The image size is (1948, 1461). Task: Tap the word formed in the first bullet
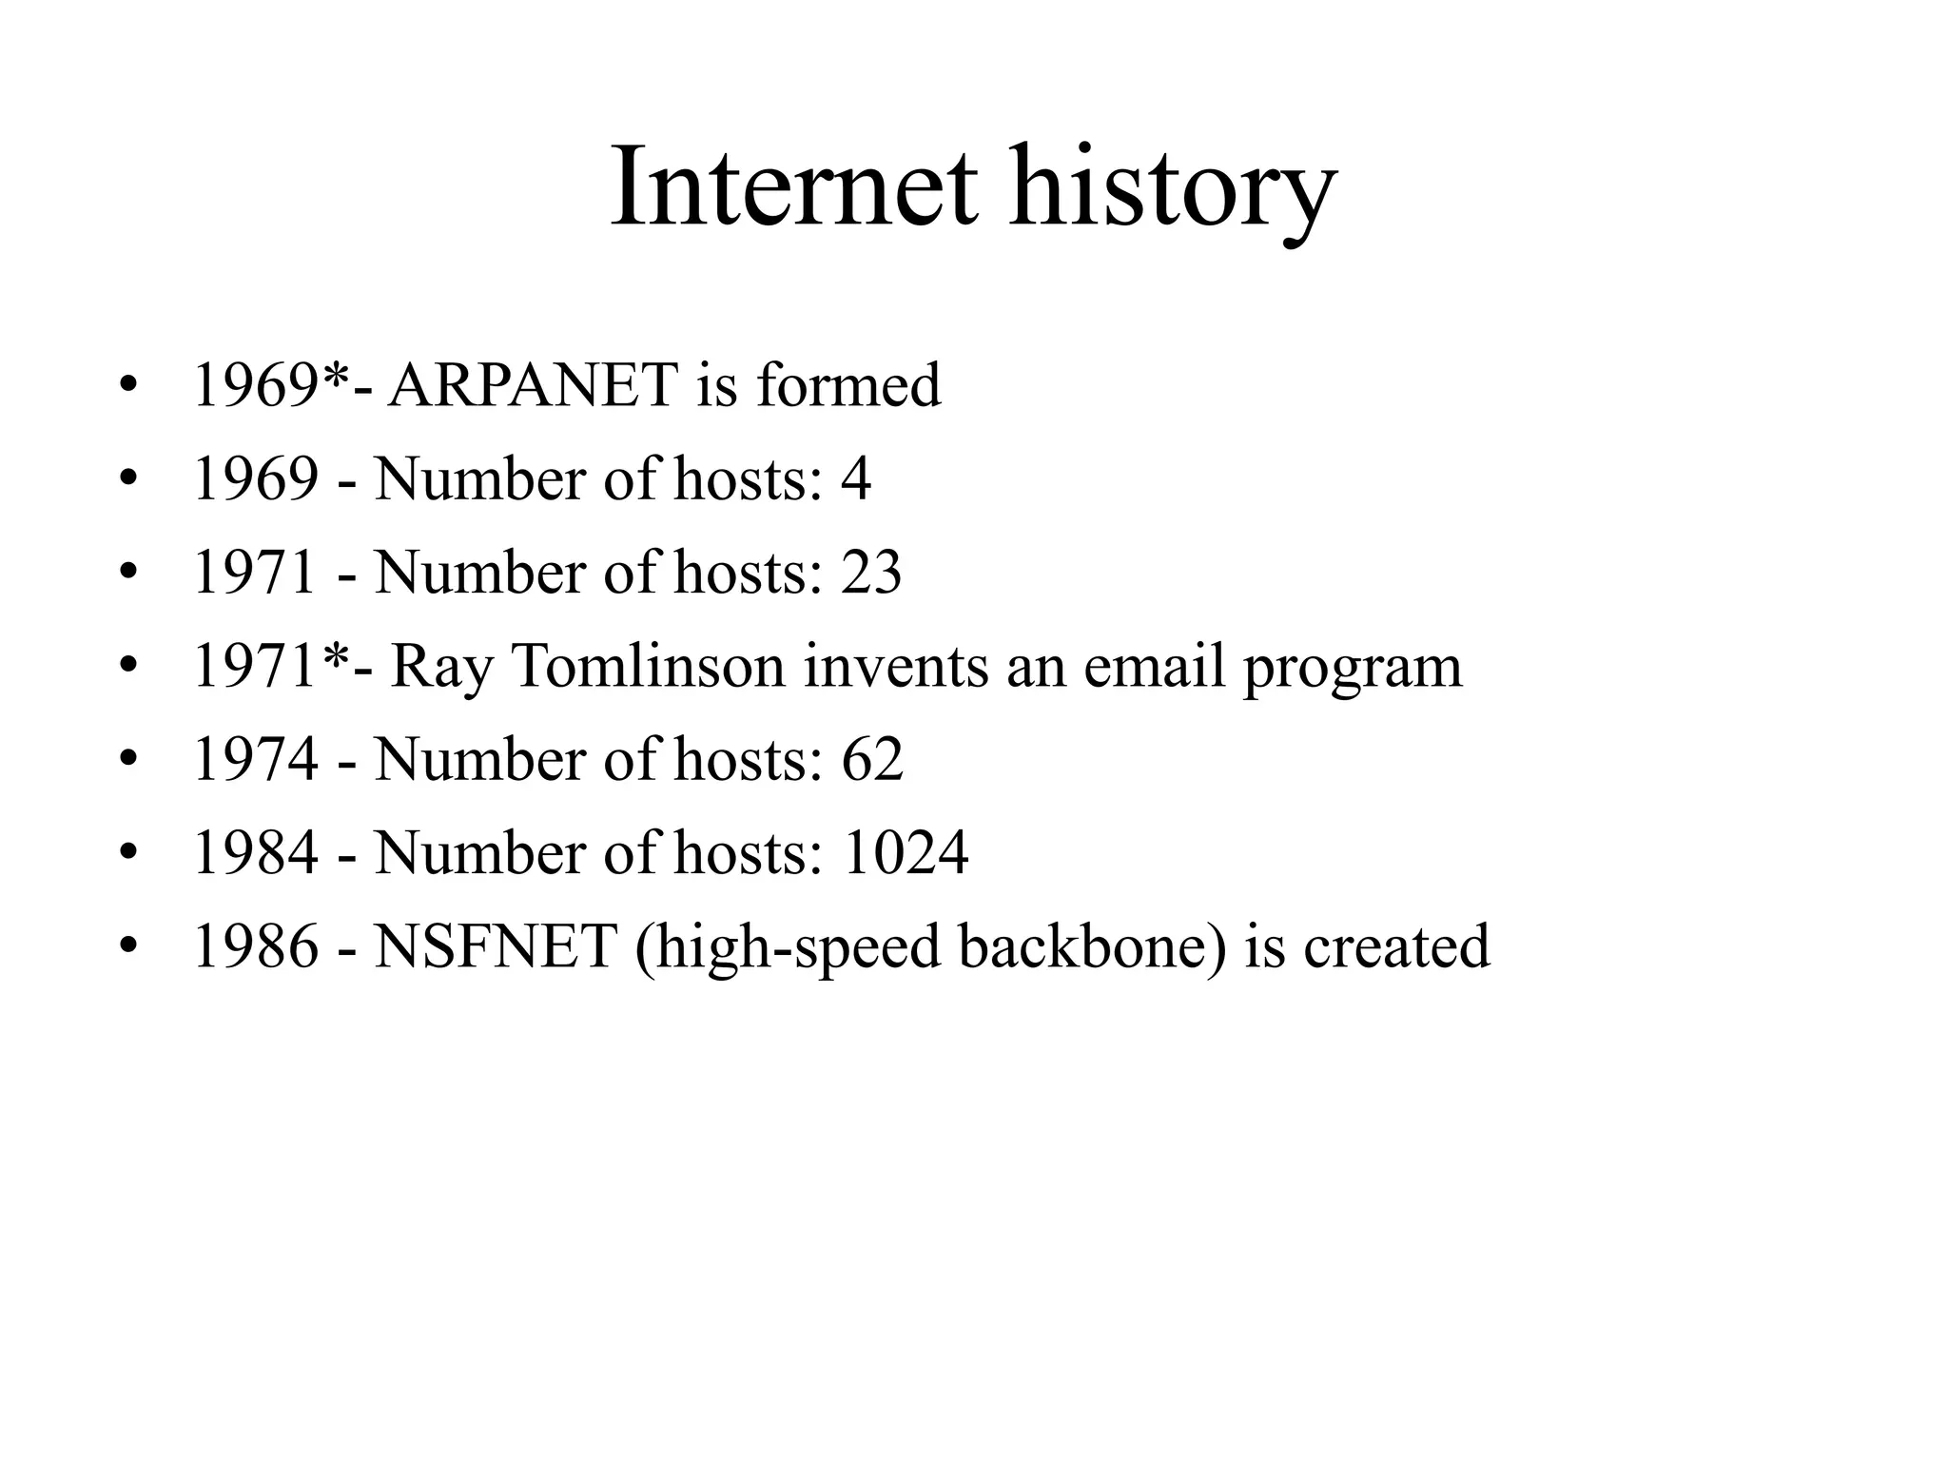pos(848,385)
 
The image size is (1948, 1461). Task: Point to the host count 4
pos(855,478)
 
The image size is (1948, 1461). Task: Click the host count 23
pos(870,572)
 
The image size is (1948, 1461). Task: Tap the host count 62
pos(871,759)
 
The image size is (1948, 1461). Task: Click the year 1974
pos(255,759)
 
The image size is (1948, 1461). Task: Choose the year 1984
pos(255,852)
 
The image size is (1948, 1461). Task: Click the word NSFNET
pos(496,946)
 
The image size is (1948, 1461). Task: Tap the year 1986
pos(255,946)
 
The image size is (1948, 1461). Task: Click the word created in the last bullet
pos(1396,946)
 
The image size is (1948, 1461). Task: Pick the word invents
pos(894,665)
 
